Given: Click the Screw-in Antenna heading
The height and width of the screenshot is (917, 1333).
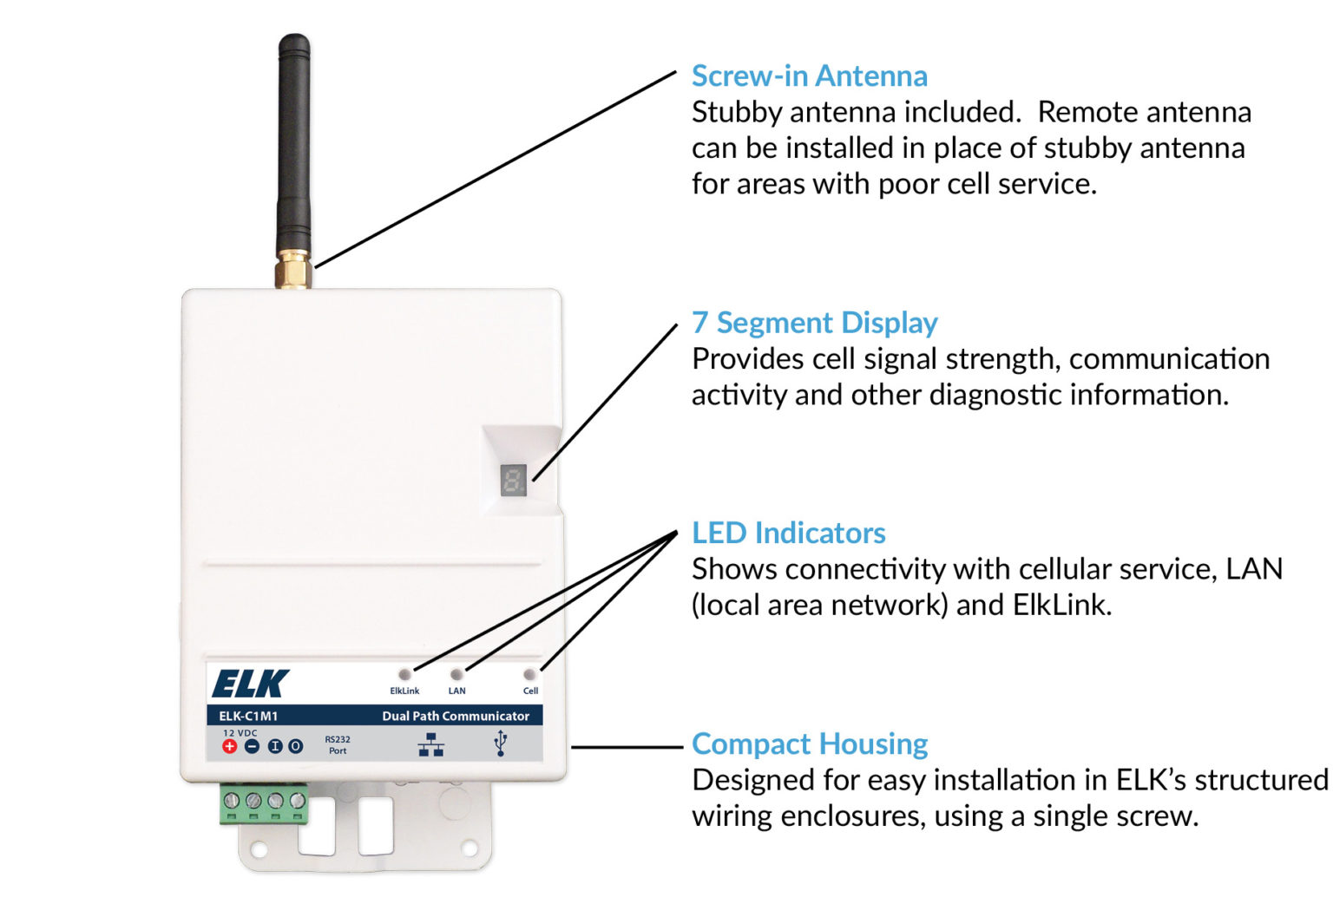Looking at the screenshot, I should pos(809,76).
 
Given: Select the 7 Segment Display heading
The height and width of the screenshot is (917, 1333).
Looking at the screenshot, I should pos(814,323).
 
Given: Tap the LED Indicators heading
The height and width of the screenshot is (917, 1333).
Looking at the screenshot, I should pos(788,533).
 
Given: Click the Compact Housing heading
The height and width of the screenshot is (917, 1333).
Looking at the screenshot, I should pos(809,743).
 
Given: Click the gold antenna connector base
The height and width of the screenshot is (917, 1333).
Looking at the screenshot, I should pos(293,270).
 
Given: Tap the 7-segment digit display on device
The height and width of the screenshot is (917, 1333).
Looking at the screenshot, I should pos(514,480).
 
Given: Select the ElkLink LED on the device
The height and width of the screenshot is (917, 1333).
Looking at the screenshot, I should pos(404,674).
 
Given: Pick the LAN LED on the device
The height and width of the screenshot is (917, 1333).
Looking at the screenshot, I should pos(456,674).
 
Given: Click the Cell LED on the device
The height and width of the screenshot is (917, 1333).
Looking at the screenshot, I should pos(529,674).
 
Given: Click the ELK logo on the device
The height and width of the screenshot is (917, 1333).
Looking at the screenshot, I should pos(250,684).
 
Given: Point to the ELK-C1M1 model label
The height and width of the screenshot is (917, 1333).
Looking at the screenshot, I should pos(248,716).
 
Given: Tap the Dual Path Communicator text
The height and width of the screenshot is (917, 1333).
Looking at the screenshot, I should pos(456,716).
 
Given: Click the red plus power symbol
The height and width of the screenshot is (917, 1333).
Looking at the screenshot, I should pos(229,746).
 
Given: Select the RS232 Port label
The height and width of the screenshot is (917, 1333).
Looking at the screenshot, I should pos(338,745).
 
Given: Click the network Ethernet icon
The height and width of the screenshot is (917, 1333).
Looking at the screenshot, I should pos(431,744).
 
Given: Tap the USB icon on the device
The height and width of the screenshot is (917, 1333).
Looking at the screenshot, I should pos(500,743).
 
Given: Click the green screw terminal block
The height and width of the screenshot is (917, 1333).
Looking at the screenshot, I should pos(264,803).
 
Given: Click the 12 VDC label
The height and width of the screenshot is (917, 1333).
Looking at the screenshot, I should pos(240,733).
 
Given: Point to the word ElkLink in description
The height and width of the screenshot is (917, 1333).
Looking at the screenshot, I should pos(1060,605).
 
